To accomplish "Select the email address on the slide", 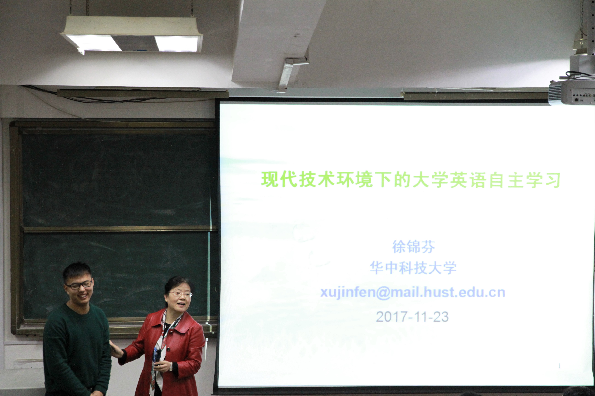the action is (413, 292).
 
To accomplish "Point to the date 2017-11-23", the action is (412, 317).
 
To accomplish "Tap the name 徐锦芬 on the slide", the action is (413, 246).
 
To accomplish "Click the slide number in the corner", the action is (559, 366).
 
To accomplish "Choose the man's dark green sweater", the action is (77, 349).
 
